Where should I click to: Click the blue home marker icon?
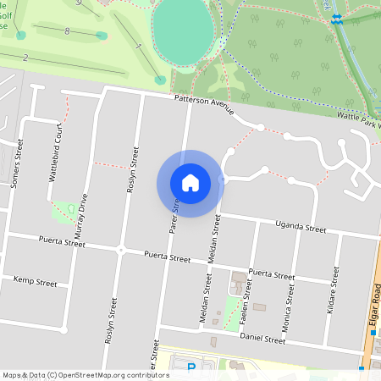point(190,183)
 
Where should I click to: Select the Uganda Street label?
point(301,228)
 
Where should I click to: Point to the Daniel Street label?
point(262,339)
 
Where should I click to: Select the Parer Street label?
point(176,215)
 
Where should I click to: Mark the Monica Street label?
point(290,305)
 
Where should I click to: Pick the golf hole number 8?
point(66,30)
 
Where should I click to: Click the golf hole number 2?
point(26,58)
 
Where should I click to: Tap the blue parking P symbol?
point(190,367)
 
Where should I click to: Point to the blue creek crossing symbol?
point(337,18)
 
